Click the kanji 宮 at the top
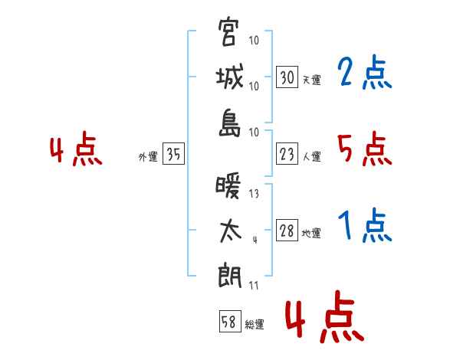point(227,31)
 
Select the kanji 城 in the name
point(229,77)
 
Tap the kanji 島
point(230,123)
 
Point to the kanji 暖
point(228,185)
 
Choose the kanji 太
point(230,231)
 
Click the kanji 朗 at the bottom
point(229,276)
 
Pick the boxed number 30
point(287,77)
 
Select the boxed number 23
point(287,154)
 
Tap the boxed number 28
point(287,230)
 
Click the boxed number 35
point(173,153)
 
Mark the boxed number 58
point(230,321)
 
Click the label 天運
point(312,80)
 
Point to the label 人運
point(312,156)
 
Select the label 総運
point(255,324)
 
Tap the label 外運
point(148,156)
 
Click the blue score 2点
point(364,72)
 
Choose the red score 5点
point(364,149)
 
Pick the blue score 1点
point(364,225)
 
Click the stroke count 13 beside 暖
point(254,194)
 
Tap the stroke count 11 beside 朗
point(254,285)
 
